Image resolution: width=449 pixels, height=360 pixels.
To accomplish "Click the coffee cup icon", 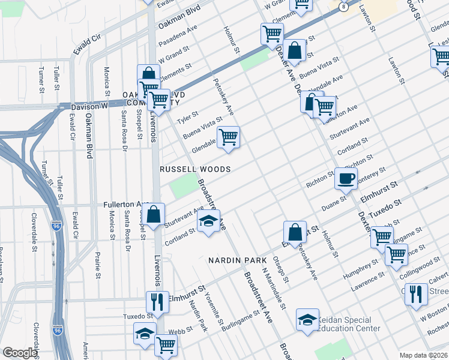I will [x=346, y=178].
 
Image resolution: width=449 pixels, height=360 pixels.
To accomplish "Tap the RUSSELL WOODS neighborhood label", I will [x=195, y=170].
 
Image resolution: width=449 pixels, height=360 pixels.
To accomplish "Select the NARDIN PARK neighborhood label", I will [x=233, y=260].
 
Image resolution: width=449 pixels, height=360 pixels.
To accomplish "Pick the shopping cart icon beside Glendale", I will [x=228, y=137].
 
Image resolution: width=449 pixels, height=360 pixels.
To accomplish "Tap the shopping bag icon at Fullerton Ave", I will [x=154, y=214].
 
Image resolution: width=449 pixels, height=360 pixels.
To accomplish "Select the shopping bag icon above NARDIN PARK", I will [x=295, y=232].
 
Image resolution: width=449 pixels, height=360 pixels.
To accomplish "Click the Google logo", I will [x=20, y=353].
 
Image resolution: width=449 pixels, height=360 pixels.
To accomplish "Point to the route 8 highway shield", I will [x=343, y=7].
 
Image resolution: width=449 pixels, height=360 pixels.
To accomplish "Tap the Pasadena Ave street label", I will [x=178, y=37].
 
